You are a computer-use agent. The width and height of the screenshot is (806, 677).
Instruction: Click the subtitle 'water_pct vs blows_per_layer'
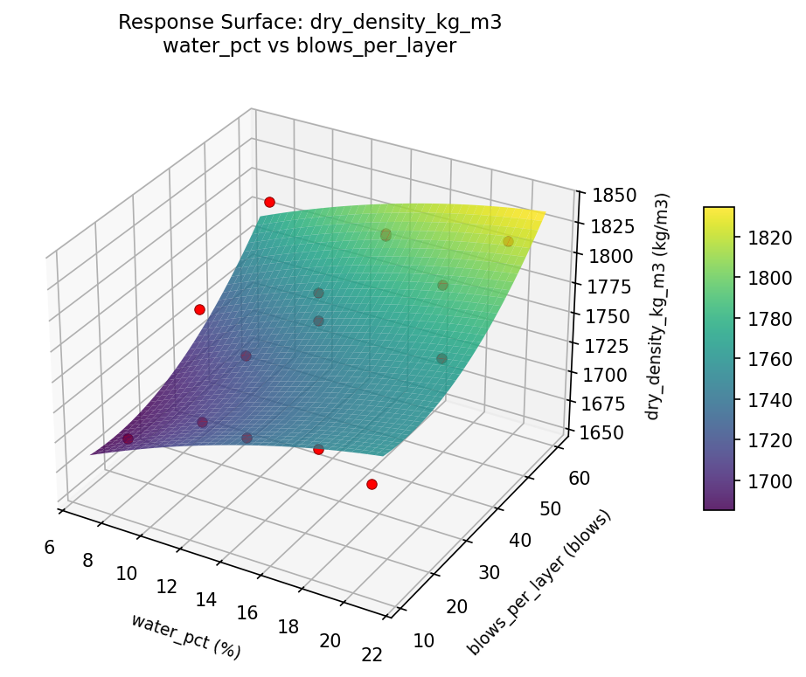(x=309, y=46)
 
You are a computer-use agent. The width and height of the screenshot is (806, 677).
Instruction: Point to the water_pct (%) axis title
(x=185, y=636)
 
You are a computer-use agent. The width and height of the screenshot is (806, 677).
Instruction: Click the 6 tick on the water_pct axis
(x=49, y=547)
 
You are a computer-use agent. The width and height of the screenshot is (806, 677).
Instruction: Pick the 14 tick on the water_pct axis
(x=205, y=599)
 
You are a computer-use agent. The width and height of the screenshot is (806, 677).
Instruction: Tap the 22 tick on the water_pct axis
(x=372, y=655)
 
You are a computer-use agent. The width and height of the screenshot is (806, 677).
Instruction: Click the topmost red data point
(x=269, y=202)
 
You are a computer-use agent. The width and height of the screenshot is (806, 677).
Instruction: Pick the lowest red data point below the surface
(x=372, y=484)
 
